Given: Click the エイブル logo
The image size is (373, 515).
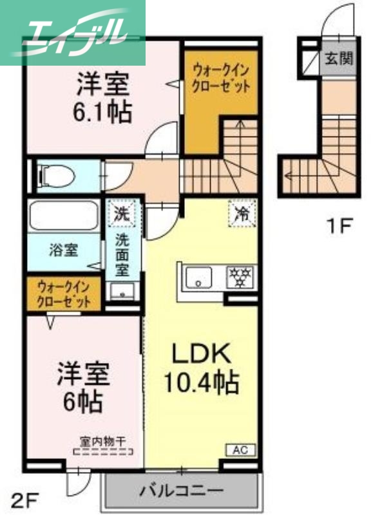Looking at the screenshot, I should coord(72,32).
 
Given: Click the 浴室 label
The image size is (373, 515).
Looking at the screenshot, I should coord(64,250).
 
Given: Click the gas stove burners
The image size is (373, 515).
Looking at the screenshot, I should coord(240,278).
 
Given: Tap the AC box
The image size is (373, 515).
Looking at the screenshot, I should coord(239,449).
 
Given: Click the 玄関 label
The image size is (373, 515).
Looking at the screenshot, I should coord(338,60).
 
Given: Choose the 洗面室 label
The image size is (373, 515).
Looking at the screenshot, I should coord(122,254).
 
